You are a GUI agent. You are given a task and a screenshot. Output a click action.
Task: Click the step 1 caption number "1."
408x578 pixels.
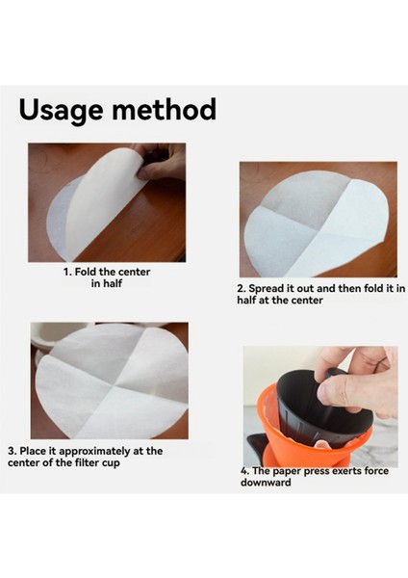pos(69,273)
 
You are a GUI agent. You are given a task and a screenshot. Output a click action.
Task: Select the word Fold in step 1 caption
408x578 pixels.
pos(89,273)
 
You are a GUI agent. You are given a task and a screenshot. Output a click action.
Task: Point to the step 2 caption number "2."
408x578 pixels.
pos(242,288)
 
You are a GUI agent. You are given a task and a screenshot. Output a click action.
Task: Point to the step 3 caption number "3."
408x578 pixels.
pos(12,450)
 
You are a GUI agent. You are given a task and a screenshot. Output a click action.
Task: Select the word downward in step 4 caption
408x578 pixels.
pos(267,482)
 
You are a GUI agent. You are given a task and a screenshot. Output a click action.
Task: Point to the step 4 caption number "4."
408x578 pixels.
pos(245,471)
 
